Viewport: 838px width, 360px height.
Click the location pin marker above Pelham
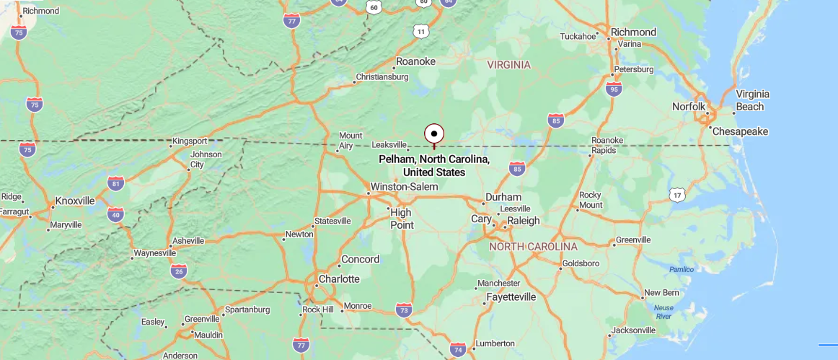(433, 134)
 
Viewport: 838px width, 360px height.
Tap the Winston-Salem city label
(403, 187)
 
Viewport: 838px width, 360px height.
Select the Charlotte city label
(339, 278)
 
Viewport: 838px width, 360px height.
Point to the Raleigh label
(524, 221)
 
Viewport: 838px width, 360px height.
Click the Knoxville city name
(75, 201)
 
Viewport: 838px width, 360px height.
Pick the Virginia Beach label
(751, 100)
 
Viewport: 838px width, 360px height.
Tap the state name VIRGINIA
(508, 65)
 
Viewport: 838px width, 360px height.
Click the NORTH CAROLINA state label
(533, 247)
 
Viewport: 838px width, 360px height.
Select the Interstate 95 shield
(614, 89)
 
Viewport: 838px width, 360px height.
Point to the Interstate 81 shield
(115, 183)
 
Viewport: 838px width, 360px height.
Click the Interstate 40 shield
(115, 214)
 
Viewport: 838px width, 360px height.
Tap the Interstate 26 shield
(179, 271)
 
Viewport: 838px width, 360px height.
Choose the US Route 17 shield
(676, 195)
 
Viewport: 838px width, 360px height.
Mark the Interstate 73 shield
(404, 310)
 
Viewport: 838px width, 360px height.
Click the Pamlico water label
(681, 270)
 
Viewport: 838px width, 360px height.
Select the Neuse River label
(663, 312)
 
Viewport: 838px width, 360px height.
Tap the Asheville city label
(187, 241)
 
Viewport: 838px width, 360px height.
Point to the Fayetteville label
(511, 297)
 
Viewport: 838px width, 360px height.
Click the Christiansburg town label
(381, 77)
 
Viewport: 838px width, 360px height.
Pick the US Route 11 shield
(421, 32)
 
